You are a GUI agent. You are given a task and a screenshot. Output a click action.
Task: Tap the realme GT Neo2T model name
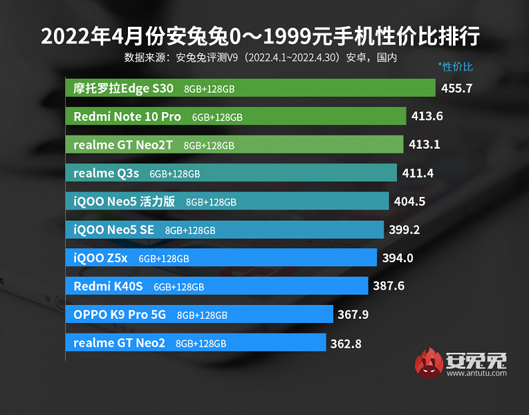coord(125,145)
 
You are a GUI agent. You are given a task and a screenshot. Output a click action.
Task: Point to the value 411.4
coord(418,174)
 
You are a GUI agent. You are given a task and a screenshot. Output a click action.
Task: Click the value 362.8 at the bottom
coord(346,343)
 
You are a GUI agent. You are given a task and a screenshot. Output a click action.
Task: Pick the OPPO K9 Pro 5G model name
coord(120,315)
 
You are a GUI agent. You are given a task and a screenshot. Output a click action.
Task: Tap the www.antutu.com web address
coord(476,373)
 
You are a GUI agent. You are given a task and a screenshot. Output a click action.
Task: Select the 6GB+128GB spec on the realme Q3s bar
coord(175,174)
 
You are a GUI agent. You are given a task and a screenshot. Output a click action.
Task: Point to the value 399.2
coord(405,230)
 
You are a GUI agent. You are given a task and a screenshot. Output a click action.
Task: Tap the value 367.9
coord(353,315)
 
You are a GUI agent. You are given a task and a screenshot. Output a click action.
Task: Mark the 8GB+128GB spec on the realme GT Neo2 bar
coord(201,344)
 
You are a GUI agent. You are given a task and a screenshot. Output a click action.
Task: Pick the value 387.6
coord(389,286)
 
